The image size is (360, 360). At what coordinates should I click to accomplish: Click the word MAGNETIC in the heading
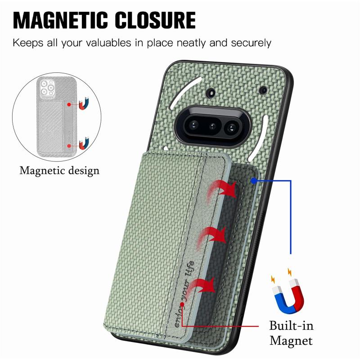coord(60,20)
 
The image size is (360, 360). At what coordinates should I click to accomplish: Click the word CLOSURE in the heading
coord(155,20)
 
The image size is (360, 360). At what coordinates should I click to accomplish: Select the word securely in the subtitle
coord(251,43)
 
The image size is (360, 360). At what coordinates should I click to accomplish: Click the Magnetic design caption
coord(59,171)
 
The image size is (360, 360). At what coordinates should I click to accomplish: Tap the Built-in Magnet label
coord(291,333)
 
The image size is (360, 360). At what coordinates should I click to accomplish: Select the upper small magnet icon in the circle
coord(84,104)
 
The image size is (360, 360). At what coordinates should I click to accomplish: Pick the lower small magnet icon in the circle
coord(84,143)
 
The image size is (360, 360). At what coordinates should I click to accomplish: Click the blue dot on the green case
coord(253,181)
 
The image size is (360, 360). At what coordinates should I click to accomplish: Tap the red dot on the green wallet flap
coord(182,304)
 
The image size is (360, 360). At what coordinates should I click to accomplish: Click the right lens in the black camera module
coord(231,127)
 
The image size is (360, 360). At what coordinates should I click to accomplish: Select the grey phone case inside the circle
coord(57,117)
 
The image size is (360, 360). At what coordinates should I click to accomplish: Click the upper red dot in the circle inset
coord(69,104)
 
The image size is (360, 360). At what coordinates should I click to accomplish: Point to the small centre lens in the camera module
coord(212,126)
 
